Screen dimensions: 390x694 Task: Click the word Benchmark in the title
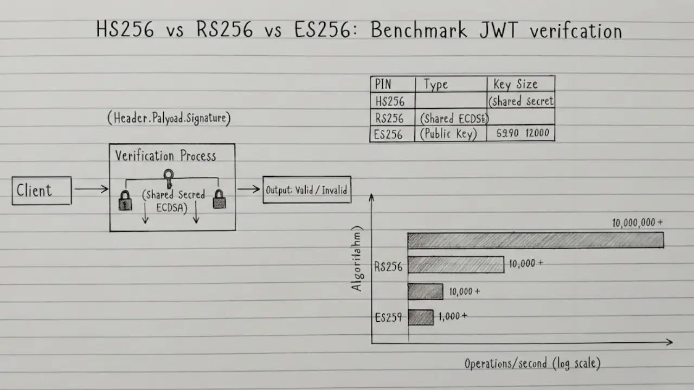click(419, 30)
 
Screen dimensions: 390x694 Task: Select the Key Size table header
click(515, 84)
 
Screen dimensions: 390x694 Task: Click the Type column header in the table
click(436, 84)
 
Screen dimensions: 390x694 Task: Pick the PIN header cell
click(383, 84)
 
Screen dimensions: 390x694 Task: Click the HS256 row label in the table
click(390, 101)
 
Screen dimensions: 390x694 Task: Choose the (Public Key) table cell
click(448, 134)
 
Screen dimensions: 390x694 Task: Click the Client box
click(42, 190)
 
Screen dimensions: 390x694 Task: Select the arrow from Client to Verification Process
click(91, 189)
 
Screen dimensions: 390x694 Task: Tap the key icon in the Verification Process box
click(169, 178)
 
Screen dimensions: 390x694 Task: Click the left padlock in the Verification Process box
click(125, 200)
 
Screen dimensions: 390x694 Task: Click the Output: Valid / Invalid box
click(307, 190)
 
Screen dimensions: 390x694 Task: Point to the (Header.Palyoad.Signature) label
click(169, 119)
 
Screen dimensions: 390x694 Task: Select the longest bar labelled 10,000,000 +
click(535, 240)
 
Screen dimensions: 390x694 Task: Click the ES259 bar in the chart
click(420, 317)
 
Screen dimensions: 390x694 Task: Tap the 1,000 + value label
click(452, 316)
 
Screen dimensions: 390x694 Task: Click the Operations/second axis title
click(532, 363)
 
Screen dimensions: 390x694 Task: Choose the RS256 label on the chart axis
click(389, 266)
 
